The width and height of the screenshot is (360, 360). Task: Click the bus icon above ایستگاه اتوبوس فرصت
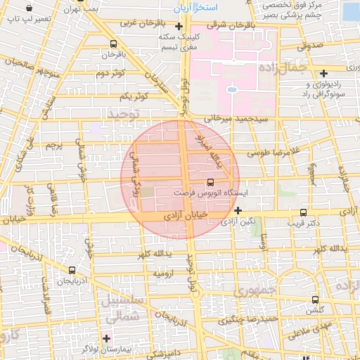(x=212, y=181)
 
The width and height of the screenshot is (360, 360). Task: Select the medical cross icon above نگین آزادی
(x=238, y=210)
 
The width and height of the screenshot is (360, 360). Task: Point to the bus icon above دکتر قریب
(x=303, y=212)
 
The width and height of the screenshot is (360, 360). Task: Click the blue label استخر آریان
(x=197, y=6)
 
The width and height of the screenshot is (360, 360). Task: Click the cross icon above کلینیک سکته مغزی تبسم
(x=179, y=27)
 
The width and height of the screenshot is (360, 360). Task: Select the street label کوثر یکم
(x=133, y=96)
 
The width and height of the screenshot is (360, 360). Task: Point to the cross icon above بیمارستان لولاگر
(x=105, y=338)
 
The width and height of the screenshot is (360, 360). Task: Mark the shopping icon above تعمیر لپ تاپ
(x=29, y=8)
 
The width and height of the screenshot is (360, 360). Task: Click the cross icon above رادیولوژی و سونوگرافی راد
(x=323, y=73)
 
